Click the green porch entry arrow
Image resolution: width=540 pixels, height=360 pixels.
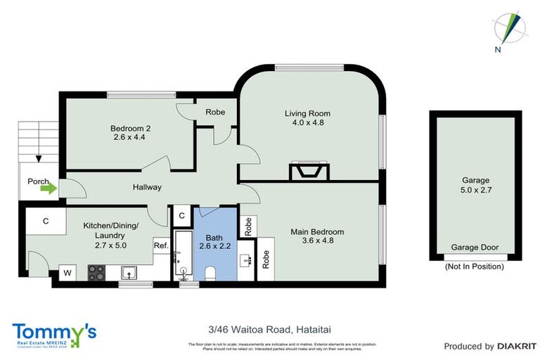[48, 188]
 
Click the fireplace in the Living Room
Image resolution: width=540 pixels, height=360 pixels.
[308, 172]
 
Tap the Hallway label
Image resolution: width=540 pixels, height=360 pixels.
[147, 187]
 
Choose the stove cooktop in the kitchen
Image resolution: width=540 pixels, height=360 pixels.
[96, 272]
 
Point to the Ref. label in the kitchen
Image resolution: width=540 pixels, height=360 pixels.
[160, 245]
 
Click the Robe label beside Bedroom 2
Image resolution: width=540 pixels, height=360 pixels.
[214, 112]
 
